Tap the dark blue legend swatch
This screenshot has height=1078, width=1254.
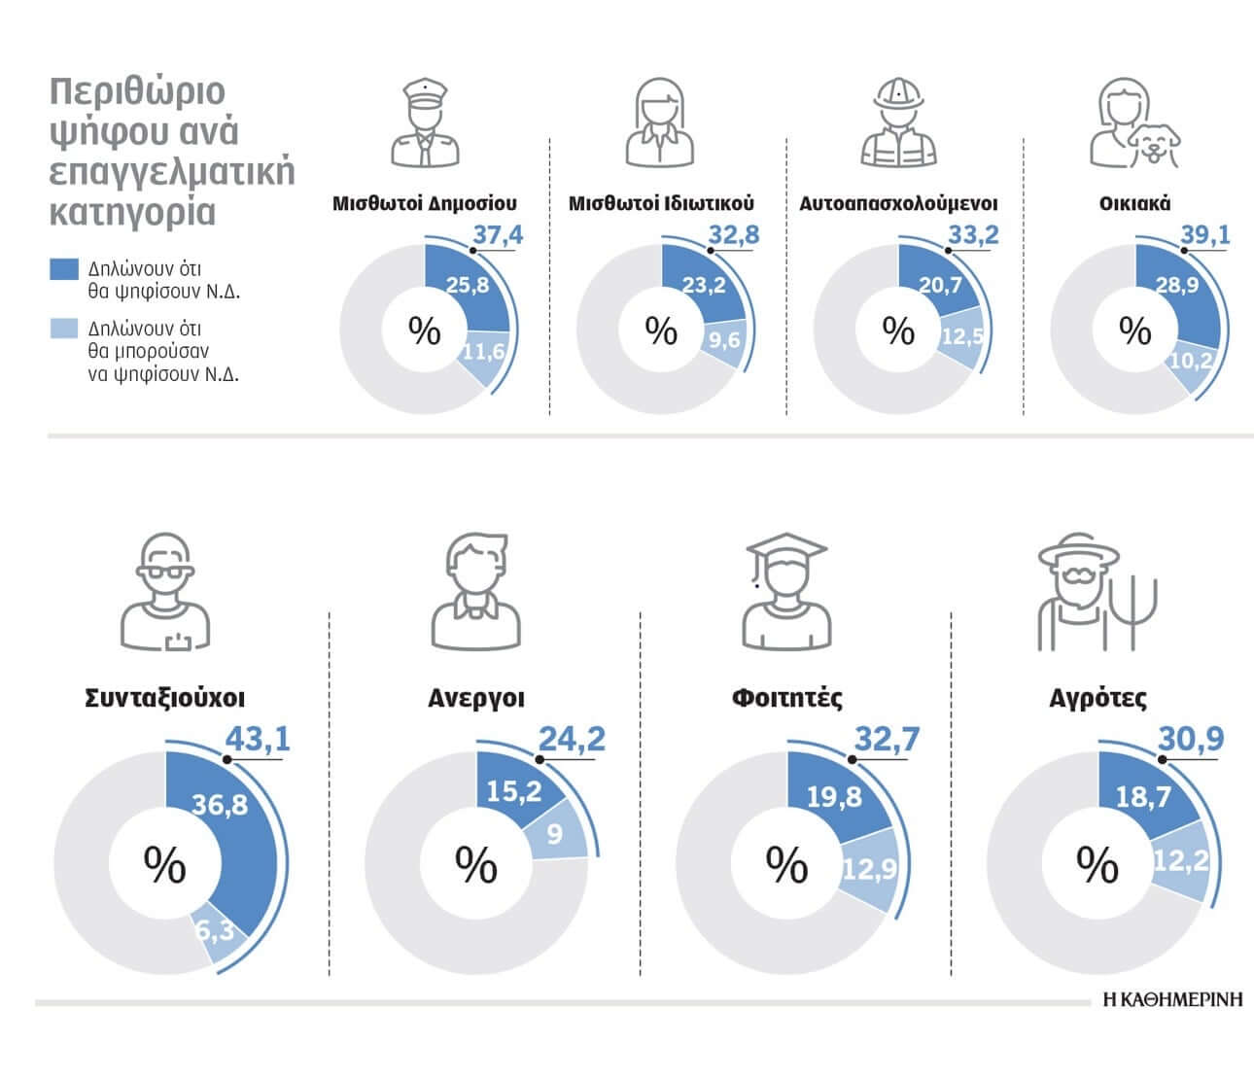[63, 269]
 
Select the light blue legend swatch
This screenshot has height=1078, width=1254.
[63, 329]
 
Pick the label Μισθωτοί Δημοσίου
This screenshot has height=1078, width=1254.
[425, 203]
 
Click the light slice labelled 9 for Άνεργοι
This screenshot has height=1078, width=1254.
[554, 834]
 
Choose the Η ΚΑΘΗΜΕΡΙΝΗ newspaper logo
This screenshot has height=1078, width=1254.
[1172, 999]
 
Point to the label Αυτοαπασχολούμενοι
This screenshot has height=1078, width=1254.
[898, 203]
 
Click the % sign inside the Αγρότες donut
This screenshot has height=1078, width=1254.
[1097, 864]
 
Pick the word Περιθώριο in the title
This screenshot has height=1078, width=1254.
[137, 91]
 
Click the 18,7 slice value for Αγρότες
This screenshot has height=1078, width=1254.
[1143, 797]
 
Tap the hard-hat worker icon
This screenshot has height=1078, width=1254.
[898, 123]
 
